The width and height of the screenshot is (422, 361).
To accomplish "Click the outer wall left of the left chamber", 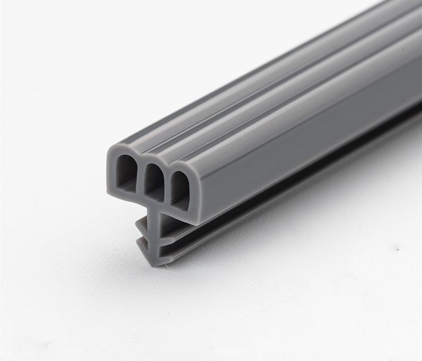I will pyautogui.click(x=111, y=170).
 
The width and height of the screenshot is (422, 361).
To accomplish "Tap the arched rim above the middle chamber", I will pyautogui.click(x=154, y=162).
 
